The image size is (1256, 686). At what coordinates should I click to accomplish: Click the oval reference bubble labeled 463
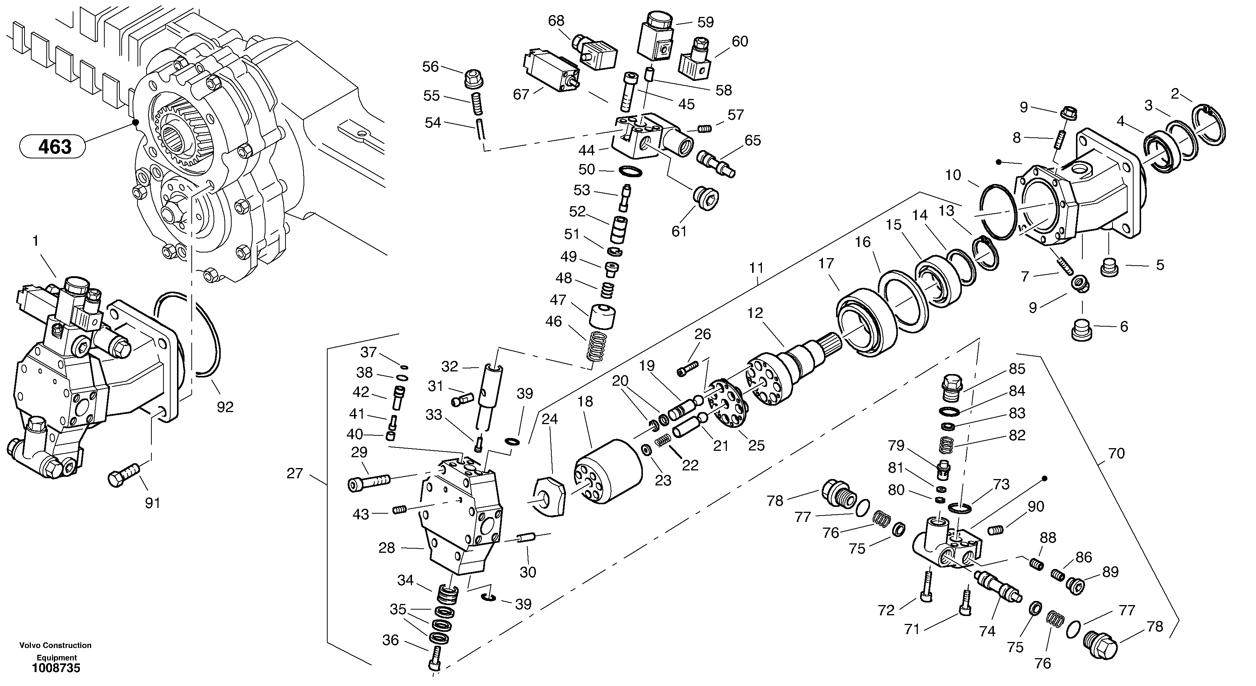click(53, 146)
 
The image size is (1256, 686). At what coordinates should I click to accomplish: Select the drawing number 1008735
click(56, 668)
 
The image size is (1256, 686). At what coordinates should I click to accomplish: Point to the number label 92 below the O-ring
click(225, 407)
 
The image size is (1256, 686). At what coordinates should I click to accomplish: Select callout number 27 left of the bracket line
click(295, 473)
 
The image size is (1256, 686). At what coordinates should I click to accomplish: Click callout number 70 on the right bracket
click(1116, 453)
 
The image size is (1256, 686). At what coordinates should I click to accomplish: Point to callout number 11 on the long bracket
click(756, 268)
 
